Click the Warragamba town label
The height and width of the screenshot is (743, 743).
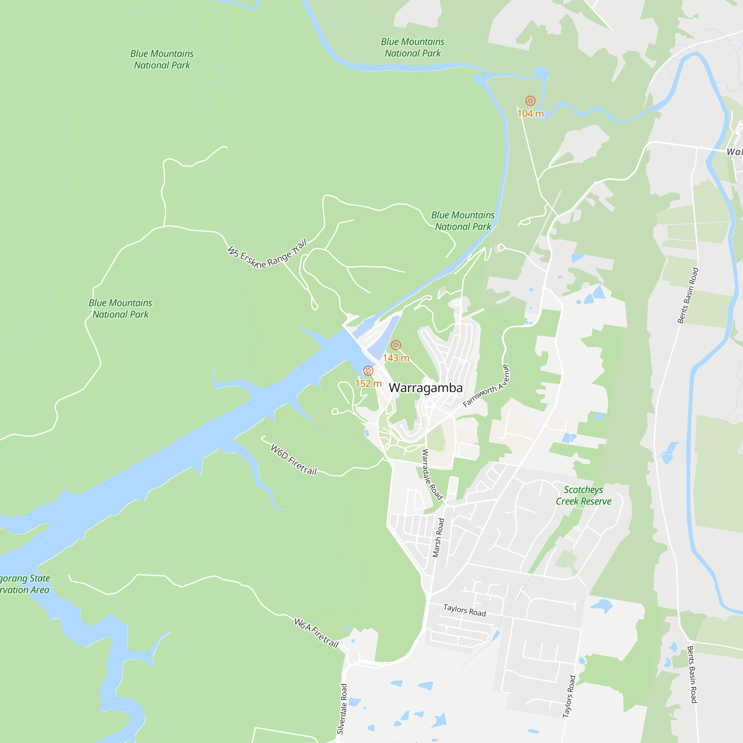pos(425,387)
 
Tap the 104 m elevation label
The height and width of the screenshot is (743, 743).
pos(531,113)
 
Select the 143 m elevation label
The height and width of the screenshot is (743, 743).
pos(396,358)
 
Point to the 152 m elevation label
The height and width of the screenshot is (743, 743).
pos(368,383)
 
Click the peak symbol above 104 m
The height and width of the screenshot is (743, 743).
pos(531,101)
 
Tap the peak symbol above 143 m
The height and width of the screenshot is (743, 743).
pos(396,345)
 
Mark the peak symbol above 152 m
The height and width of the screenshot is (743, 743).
pos(368,371)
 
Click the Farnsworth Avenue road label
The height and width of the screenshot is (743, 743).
pos(486,386)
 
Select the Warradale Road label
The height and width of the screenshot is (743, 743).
pos(432,474)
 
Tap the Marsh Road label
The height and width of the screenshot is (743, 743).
pos(438,538)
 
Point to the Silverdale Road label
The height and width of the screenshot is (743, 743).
pos(342,709)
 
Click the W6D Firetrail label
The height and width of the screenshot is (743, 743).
pos(294,460)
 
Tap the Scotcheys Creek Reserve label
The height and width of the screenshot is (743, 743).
pos(583,495)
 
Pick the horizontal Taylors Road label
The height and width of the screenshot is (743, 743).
pos(465,610)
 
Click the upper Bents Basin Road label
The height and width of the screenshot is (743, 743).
pos(688,295)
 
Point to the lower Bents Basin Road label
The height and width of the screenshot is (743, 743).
pos(692,675)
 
